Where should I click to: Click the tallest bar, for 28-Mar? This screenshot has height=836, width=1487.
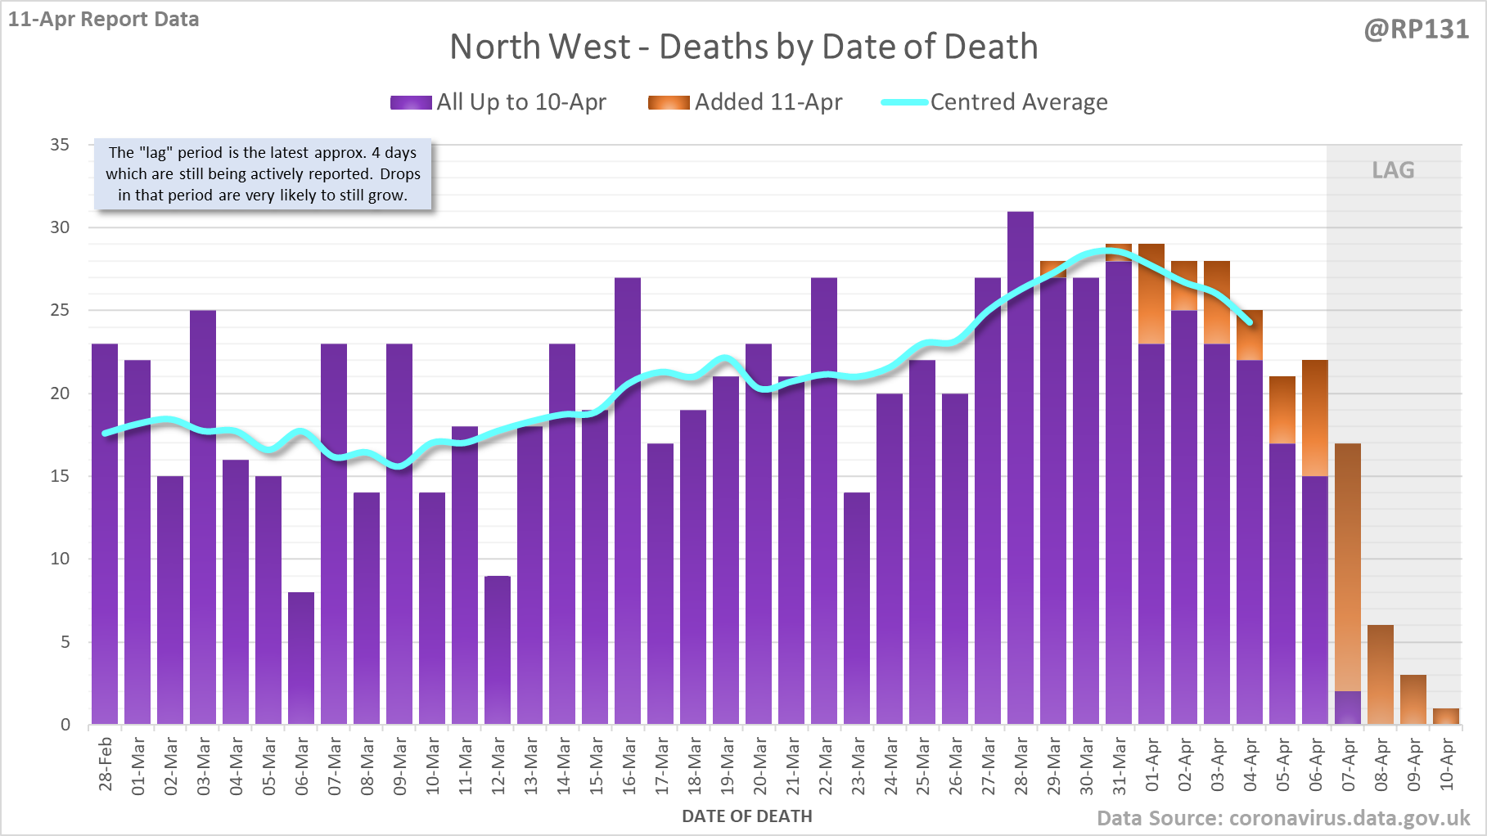pyautogui.click(x=1021, y=466)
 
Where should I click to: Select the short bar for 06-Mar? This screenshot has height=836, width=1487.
pyautogui.click(x=301, y=658)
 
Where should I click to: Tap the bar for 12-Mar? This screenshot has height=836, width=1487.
pyautogui.click(x=498, y=649)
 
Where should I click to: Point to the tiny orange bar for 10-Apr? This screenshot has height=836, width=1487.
pyautogui.click(x=1446, y=717)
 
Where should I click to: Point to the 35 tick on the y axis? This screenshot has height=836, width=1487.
pyautogui.click(x=60, y=145)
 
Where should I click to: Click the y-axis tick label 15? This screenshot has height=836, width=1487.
pyautogui.click(x=60, y=476)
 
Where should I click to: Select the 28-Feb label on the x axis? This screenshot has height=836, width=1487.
pyautogui.click(x=106, y=764)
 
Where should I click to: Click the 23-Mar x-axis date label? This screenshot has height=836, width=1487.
pyautogui.click(x=858, y=766)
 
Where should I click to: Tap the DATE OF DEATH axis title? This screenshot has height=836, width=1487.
pyautogui.click(x=746, y=816)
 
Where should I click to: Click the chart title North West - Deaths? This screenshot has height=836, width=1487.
pyautogui.click(x=743, y=47)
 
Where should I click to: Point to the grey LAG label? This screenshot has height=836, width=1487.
pyautogui.click(x=1393, y=170)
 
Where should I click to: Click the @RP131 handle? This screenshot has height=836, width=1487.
pyautogui.click(x=1416, y=29)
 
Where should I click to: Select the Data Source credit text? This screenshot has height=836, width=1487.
pyautogui.click(x=1283, y=818)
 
